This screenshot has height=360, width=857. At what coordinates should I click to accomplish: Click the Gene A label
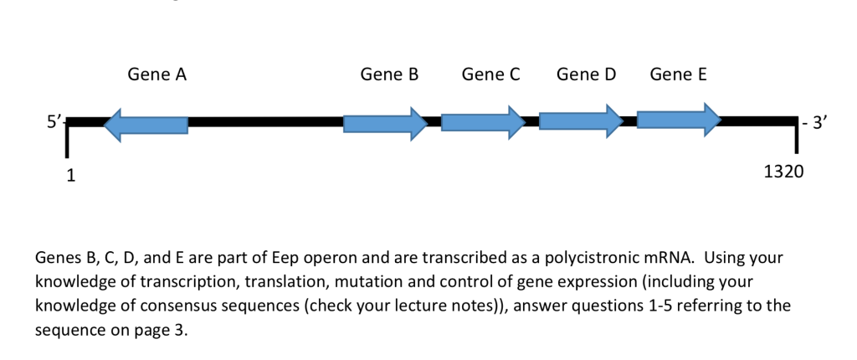click(x=157, y=75)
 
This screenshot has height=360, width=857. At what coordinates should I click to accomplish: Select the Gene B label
click(x=389, y=75)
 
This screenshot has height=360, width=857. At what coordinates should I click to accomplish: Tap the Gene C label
click(x=491, y=75)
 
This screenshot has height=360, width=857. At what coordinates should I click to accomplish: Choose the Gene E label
click(x=678, y=75)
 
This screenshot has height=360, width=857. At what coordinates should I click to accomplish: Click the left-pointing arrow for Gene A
click(x=146, y=124)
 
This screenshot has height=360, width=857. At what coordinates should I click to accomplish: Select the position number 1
click(x=71, y=176)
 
